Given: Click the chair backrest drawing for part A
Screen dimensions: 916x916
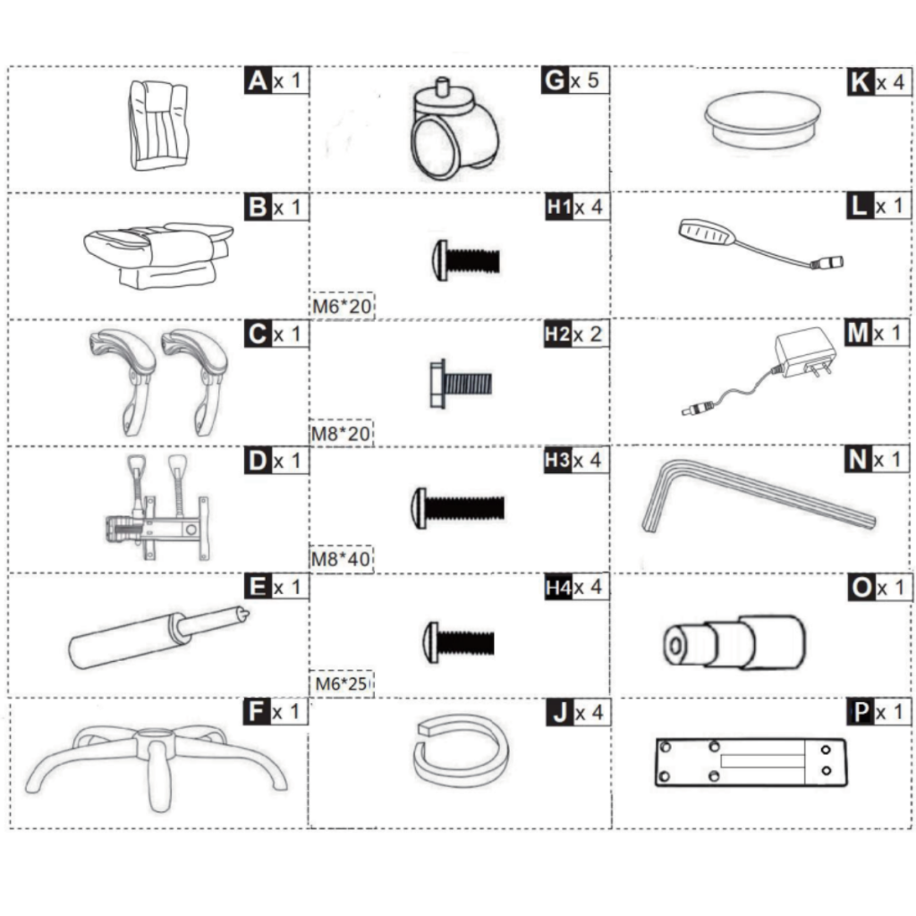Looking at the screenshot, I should click(x=157, y=124).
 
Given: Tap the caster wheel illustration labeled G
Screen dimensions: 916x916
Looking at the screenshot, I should click(x=454, y=134).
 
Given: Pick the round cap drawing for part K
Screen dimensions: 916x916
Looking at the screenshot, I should click(x=762, y=122).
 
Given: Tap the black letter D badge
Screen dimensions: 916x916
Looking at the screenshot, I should click(x=256, y=461).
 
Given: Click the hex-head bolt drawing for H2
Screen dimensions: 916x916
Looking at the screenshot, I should click(x=460, y=384).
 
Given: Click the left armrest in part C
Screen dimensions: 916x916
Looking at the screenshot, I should click(x=123, y=376).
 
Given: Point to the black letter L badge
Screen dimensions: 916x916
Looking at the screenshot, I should click(x=859, y=206).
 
